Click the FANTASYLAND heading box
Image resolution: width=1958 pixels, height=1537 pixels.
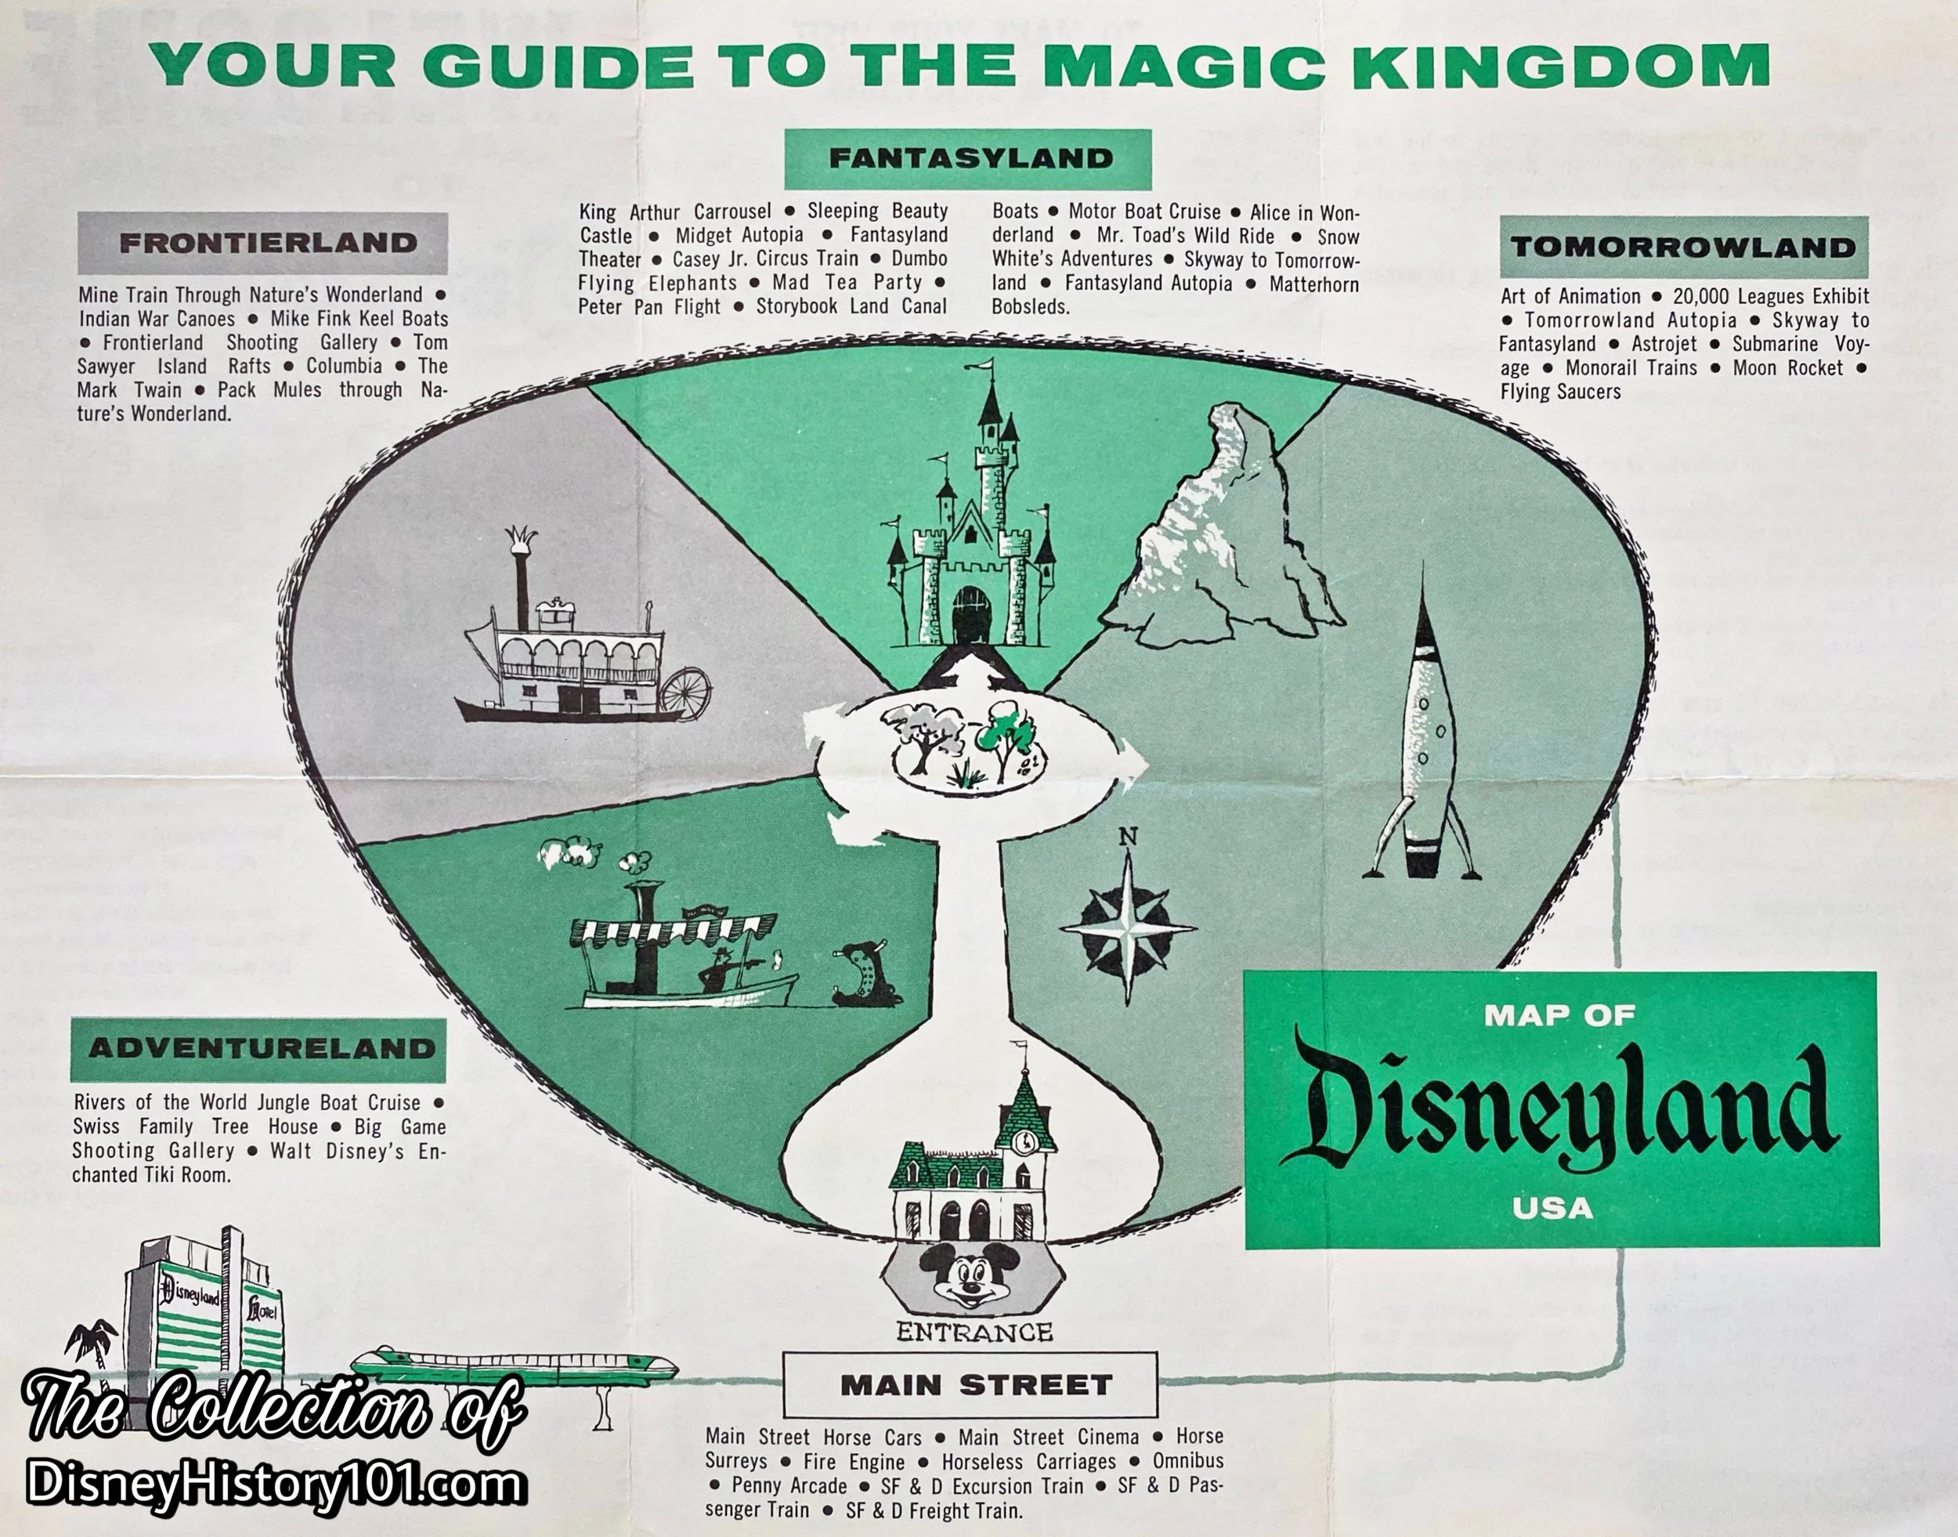coord(968,159)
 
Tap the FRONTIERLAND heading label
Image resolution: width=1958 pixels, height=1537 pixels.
coord(262,243)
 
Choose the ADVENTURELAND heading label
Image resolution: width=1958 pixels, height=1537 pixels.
coord(259,1048)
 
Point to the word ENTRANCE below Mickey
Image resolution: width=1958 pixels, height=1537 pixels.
coord(974,1331)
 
